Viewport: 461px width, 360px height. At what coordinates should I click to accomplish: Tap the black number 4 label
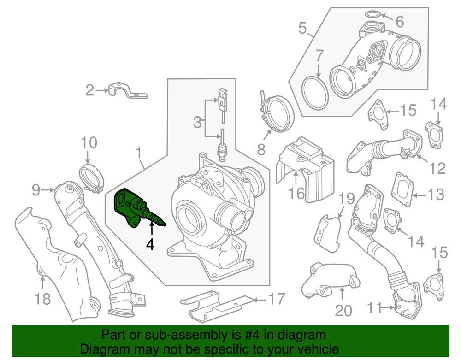(x=151, y=243)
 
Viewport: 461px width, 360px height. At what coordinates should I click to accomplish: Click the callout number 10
(x=89, y=143)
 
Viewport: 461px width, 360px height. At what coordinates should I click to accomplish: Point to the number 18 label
(x=42, y=300)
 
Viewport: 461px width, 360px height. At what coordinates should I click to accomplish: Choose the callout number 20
(x=343, y=310)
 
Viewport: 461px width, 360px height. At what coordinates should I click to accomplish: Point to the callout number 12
(x=438, y=168)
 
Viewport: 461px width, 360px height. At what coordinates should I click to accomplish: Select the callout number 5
(x=302, y=29)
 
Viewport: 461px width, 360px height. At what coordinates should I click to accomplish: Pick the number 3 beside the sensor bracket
(x=197, y=122)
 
